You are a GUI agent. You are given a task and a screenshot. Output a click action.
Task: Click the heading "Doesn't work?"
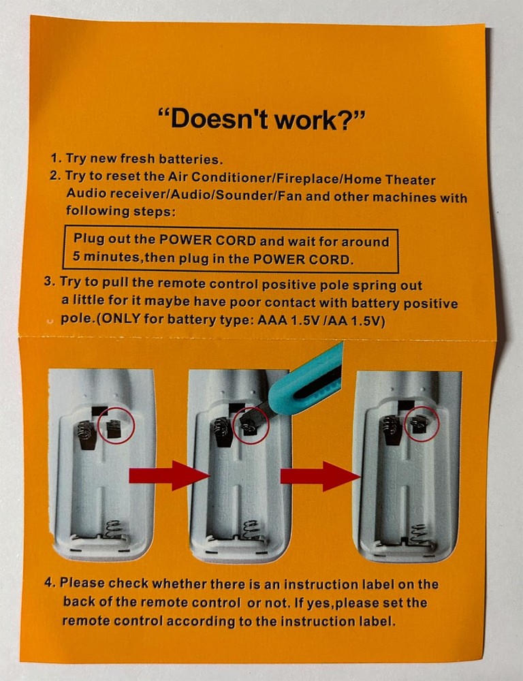[x=261, y=118]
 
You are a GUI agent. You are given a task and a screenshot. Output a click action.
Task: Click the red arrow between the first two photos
[x=170, y=475]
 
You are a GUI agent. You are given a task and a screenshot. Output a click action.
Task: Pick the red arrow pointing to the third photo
[x=320, y=477]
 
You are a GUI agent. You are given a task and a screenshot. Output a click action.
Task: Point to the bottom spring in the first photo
[x=114, y=529]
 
